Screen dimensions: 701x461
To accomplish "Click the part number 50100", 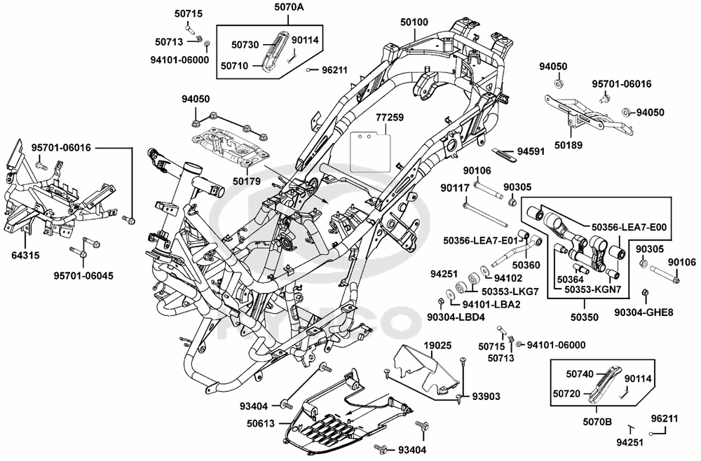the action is coord(414,22).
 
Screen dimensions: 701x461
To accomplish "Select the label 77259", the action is coord(389,118).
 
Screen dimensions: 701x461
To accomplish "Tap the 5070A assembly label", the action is coord(287,7).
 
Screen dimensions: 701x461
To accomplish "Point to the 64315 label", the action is coord(25,256).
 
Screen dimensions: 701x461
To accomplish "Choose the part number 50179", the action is coord(246,181).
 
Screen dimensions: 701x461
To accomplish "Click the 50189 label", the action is coord(569,145).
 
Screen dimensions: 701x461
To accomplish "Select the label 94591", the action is coord(531,152).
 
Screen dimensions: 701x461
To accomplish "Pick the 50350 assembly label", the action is coord(585,317).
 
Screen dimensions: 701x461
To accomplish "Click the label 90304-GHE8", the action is coord(644,312).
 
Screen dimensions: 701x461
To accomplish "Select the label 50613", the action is coord(260,423).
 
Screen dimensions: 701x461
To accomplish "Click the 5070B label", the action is coord(597,421).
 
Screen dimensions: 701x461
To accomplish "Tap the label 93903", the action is coord(486,397).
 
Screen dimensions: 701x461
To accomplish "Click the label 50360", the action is coord(526,266).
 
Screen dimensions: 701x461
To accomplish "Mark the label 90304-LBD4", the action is coord(456,317).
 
